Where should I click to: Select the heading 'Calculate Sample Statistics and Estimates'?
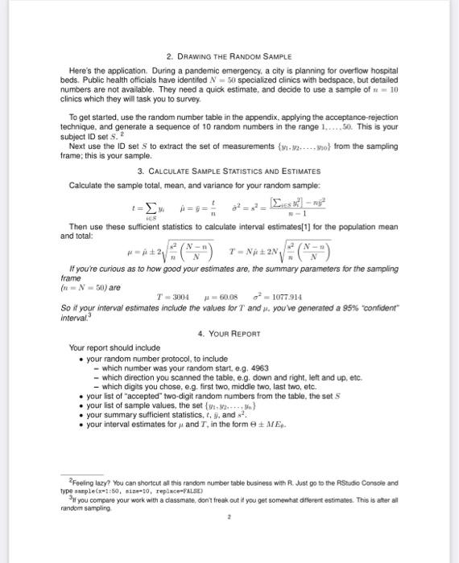tap(229, 171)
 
